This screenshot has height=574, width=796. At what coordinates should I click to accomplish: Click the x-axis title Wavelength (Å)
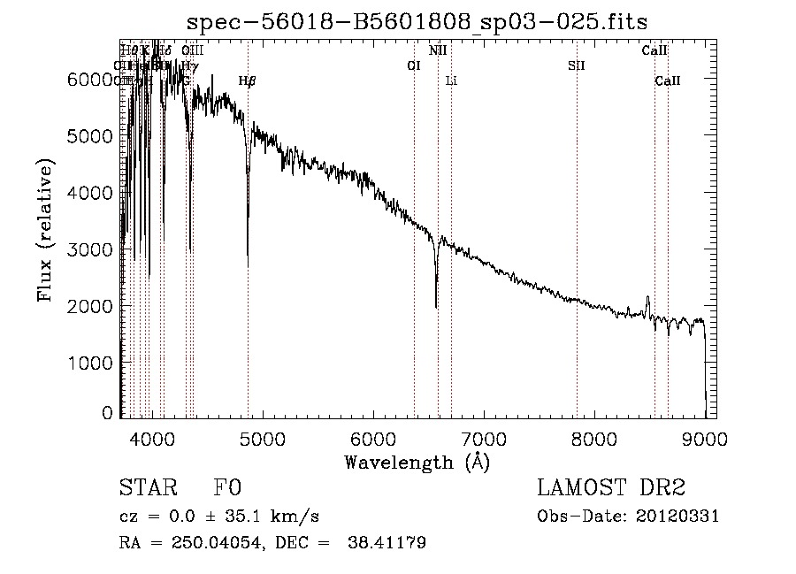click(417, 461)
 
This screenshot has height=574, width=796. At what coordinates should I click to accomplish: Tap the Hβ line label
click(248, 81)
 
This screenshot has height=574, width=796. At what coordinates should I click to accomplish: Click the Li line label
click(451, 81)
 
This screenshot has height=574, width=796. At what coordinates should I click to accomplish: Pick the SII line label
click(577, 65)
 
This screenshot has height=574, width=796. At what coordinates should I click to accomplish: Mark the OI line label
click(413, 65)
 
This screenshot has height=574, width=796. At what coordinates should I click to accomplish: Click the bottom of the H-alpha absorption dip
click(436, 307)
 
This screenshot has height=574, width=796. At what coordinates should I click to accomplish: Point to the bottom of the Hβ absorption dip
click(248, 265)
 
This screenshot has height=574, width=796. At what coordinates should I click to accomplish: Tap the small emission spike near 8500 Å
click(647, 298)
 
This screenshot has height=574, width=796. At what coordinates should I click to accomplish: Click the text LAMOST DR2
click(610, 488)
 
